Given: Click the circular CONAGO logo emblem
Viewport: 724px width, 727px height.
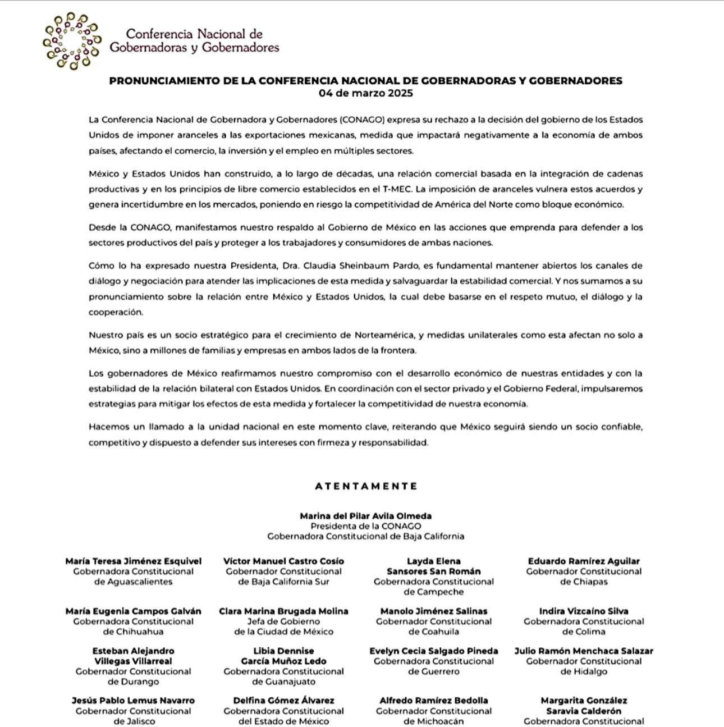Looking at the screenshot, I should pos(72,40).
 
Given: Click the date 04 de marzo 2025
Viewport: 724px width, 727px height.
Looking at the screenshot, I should pos(365,93).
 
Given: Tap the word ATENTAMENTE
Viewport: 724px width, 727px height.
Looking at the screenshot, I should pos(366,486).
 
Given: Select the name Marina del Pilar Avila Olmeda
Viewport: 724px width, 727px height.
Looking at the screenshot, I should pos(365,516).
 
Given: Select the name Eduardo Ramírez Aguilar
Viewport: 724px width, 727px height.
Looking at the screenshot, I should pos(584,561).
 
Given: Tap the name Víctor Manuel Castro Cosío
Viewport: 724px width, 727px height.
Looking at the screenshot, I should pos(283,561).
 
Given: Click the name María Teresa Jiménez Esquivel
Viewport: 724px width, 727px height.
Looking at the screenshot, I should pos(133,561).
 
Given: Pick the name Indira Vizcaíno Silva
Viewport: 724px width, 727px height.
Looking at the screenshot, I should pos(584,611).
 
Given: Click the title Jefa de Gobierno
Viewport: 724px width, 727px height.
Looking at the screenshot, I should pos(283,621).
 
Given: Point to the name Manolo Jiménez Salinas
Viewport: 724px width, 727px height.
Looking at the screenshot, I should pos(434,611).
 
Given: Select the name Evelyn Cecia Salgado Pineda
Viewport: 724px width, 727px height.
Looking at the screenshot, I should pos(434,651).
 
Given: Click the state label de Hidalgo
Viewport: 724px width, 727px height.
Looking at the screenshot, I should pos(584,671).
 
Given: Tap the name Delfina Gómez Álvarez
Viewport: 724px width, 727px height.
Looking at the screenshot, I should pos(283,701).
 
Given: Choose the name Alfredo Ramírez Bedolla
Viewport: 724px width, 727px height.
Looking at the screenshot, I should pos(434,701).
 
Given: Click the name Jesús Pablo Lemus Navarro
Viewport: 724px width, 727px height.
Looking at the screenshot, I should pos(133,701).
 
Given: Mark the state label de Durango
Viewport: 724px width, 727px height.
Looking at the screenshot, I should pos(133,682).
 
